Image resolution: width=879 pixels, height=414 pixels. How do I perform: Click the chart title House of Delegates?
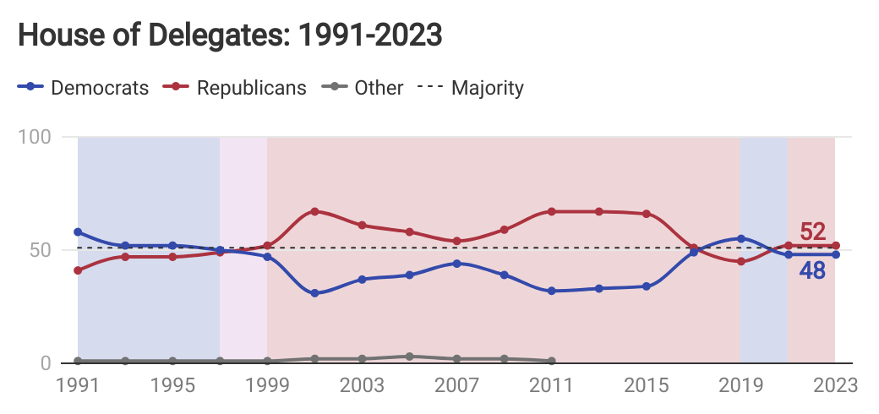click(x=230, y=35)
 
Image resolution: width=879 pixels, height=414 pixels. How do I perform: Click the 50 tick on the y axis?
click(x=60, y=250)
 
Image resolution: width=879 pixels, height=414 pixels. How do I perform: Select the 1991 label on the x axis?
click(x=78, y=385)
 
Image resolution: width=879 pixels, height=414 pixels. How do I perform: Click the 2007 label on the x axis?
click(x=456, y=385)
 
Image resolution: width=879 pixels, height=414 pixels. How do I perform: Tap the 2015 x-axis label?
click(x=646, y=385)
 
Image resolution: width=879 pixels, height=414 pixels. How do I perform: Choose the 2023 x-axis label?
click(x=834, y=385)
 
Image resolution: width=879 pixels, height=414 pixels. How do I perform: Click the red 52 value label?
click(x=812, y=232)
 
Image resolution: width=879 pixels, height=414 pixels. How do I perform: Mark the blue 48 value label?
click(x=812, y=271)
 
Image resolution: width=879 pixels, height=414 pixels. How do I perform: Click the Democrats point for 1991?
click(x=78, y=232)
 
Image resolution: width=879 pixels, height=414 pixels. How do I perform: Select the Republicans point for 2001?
click(x=314, y=211)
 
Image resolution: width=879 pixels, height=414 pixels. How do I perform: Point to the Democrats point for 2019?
click(x=741, y=238)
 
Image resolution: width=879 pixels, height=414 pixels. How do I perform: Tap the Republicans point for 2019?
click(x=741, y=261)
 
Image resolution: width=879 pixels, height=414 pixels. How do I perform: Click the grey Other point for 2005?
click(x=409, y=357)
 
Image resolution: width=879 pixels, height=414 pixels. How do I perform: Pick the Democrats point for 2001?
click(x=314, y=293)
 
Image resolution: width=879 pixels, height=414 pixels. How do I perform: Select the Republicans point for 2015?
click(x=647, y=214)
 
